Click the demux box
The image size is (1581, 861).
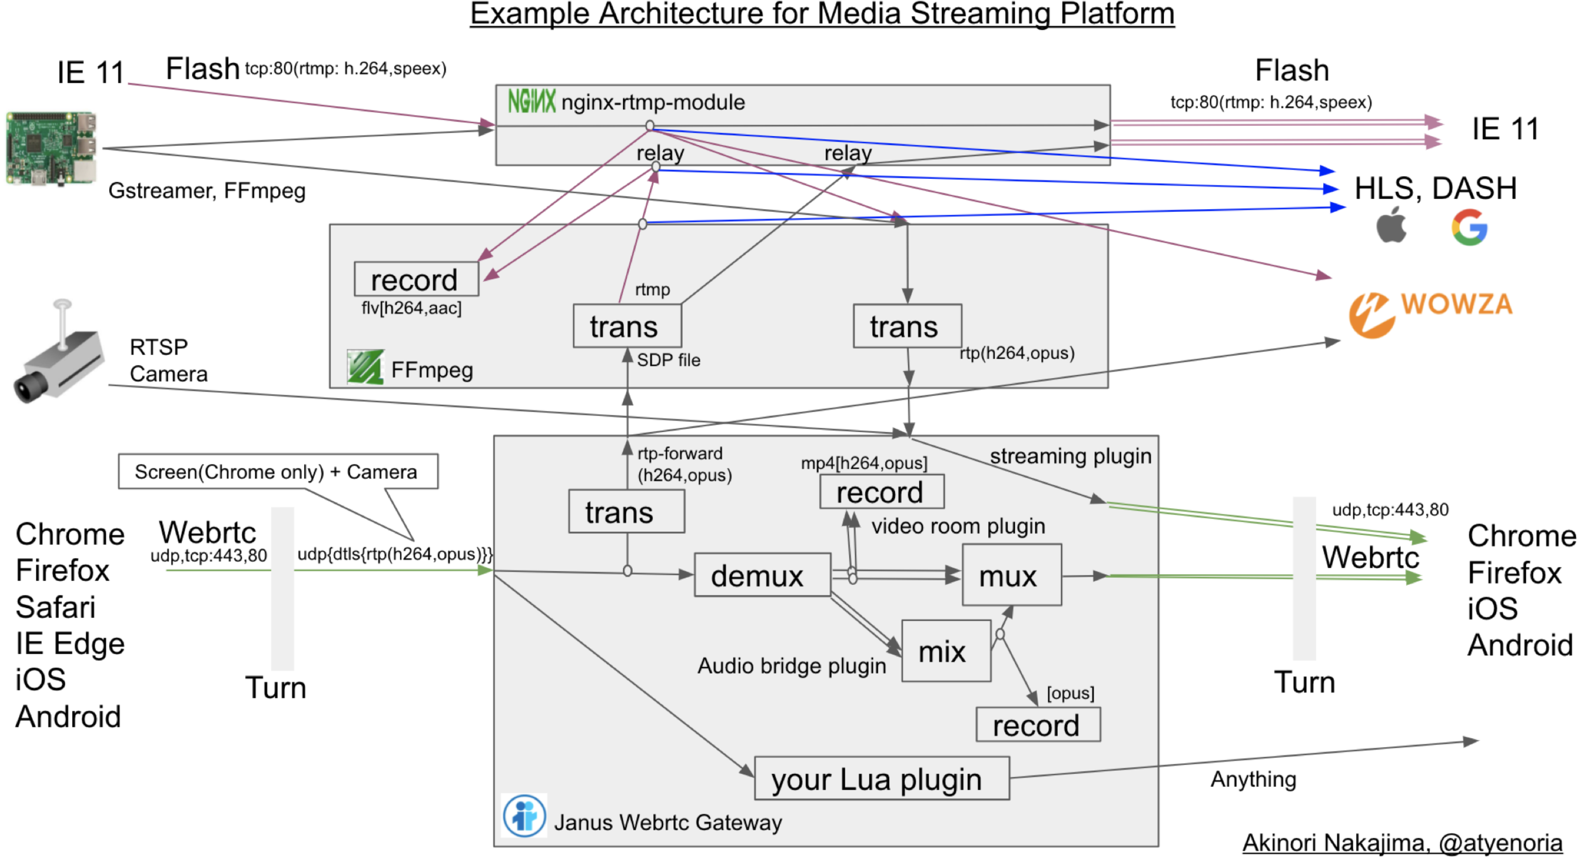[762, 574]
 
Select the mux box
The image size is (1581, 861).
[1011, 574]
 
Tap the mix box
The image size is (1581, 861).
[946, 650]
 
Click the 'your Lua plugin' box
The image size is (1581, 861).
[881, 777]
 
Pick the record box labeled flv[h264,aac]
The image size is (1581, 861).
[416, 279]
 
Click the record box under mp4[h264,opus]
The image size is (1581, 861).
[881, 491]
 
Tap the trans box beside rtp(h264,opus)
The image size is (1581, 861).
[907, 326]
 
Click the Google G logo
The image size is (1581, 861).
[1469, 227]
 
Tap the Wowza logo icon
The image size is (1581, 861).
[1370, 315]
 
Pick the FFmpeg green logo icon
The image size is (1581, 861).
[365, 367]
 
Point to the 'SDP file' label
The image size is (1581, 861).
[668, 360]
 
